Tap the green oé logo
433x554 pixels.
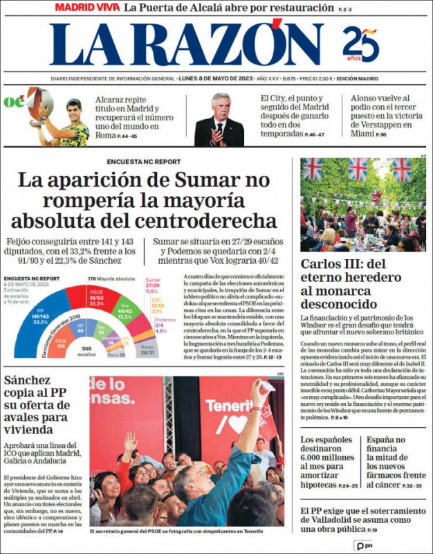(14, 102)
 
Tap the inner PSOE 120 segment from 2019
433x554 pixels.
(61, 343)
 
